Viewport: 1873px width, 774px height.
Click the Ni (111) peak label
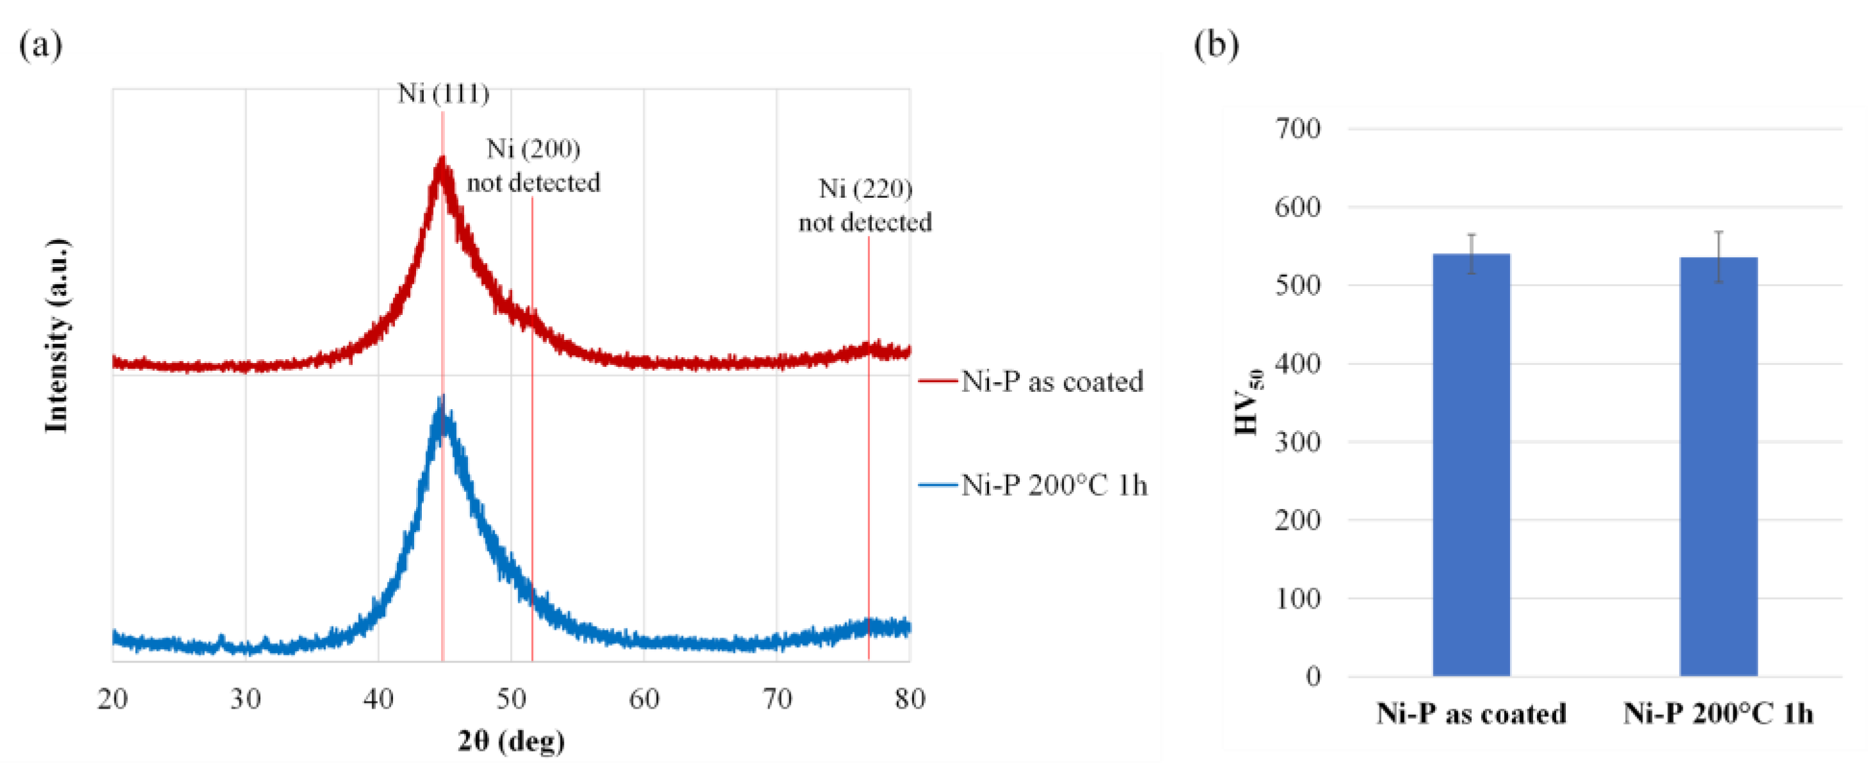click(443, 94)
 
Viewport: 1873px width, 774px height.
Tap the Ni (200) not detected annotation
click(533, 166)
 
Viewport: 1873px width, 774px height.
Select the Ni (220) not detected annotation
click(865, 206)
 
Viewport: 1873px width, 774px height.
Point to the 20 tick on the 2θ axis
click(113, 699)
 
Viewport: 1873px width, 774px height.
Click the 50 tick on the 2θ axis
click(511, 699)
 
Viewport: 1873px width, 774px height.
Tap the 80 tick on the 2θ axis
click(910, 699)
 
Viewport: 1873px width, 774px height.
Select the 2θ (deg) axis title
click(511, 741)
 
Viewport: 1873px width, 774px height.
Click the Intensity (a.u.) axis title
click(57, 335)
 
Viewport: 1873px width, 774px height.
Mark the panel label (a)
click(40, 45)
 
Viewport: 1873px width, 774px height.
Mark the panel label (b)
click(1216, 45)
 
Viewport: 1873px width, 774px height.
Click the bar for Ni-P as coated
click(1471, 465)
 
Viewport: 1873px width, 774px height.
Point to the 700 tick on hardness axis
click(1298, 129)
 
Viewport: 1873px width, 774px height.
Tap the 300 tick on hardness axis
click(1298, 442)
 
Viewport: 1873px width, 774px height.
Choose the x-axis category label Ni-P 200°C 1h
click(1718, 714)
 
